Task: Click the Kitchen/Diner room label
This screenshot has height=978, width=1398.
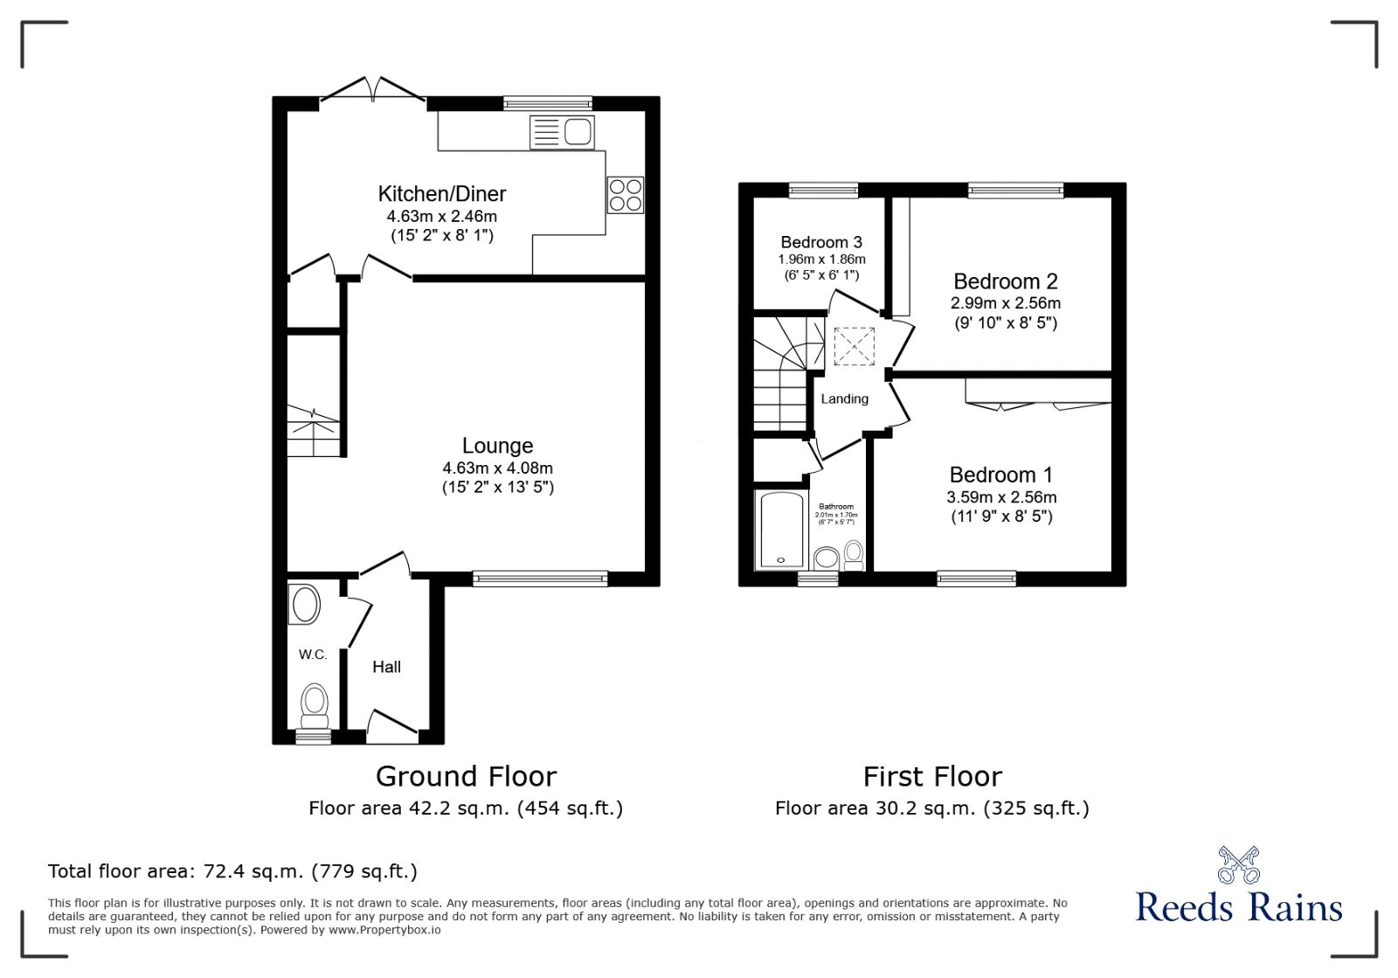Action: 441,194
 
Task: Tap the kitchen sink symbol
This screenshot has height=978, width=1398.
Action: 562,133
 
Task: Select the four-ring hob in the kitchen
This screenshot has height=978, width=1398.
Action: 625,194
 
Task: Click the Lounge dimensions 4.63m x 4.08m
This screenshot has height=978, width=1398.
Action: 497,468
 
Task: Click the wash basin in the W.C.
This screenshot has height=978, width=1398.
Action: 304,605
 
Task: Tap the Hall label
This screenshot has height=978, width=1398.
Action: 386,667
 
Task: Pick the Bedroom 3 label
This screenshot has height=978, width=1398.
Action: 821,242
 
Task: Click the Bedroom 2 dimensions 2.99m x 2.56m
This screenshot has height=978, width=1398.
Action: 1005,303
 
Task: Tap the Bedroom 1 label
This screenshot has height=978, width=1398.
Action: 1000,475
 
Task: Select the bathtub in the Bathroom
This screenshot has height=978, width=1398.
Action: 779,531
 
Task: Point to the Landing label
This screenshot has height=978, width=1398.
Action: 844,399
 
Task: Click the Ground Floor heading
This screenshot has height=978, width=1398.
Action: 466,776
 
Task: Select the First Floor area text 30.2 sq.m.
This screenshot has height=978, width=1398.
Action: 931,808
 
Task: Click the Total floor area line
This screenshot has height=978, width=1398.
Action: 232,871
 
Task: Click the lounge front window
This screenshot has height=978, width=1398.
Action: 539,578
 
